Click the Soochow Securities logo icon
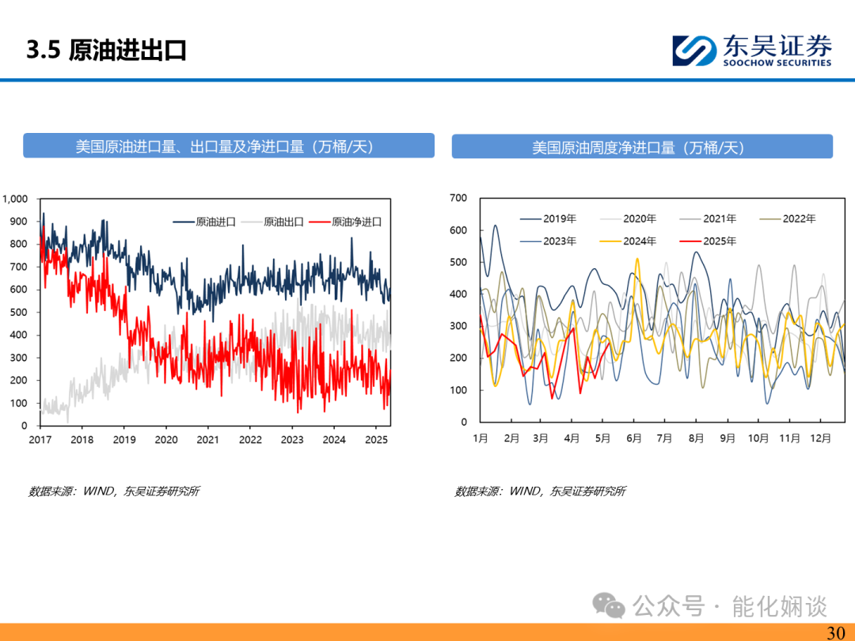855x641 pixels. (694, 51)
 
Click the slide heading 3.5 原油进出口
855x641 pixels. (106, 50)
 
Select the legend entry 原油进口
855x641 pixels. (204, 222)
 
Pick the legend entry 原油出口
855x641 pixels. (272, 222)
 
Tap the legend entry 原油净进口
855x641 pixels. (345, 222)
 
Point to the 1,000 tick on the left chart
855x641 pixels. (15, 199)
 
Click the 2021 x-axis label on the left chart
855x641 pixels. (207, 440)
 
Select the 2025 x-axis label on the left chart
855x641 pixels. (376, 440)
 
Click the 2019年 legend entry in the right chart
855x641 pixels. (548, 218)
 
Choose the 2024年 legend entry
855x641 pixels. (628, 241)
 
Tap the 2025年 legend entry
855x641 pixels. (708, 241)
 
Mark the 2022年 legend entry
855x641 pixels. (788, 218)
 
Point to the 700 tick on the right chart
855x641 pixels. (458, 198)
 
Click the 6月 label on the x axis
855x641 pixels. (633, 438)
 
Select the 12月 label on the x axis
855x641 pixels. (821, 438)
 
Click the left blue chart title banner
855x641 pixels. (229, 146)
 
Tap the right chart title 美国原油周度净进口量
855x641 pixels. (603, 147)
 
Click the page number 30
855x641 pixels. (836, 632)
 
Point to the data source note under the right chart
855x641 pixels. (541, 491)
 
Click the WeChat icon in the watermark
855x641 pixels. (609, 605)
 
